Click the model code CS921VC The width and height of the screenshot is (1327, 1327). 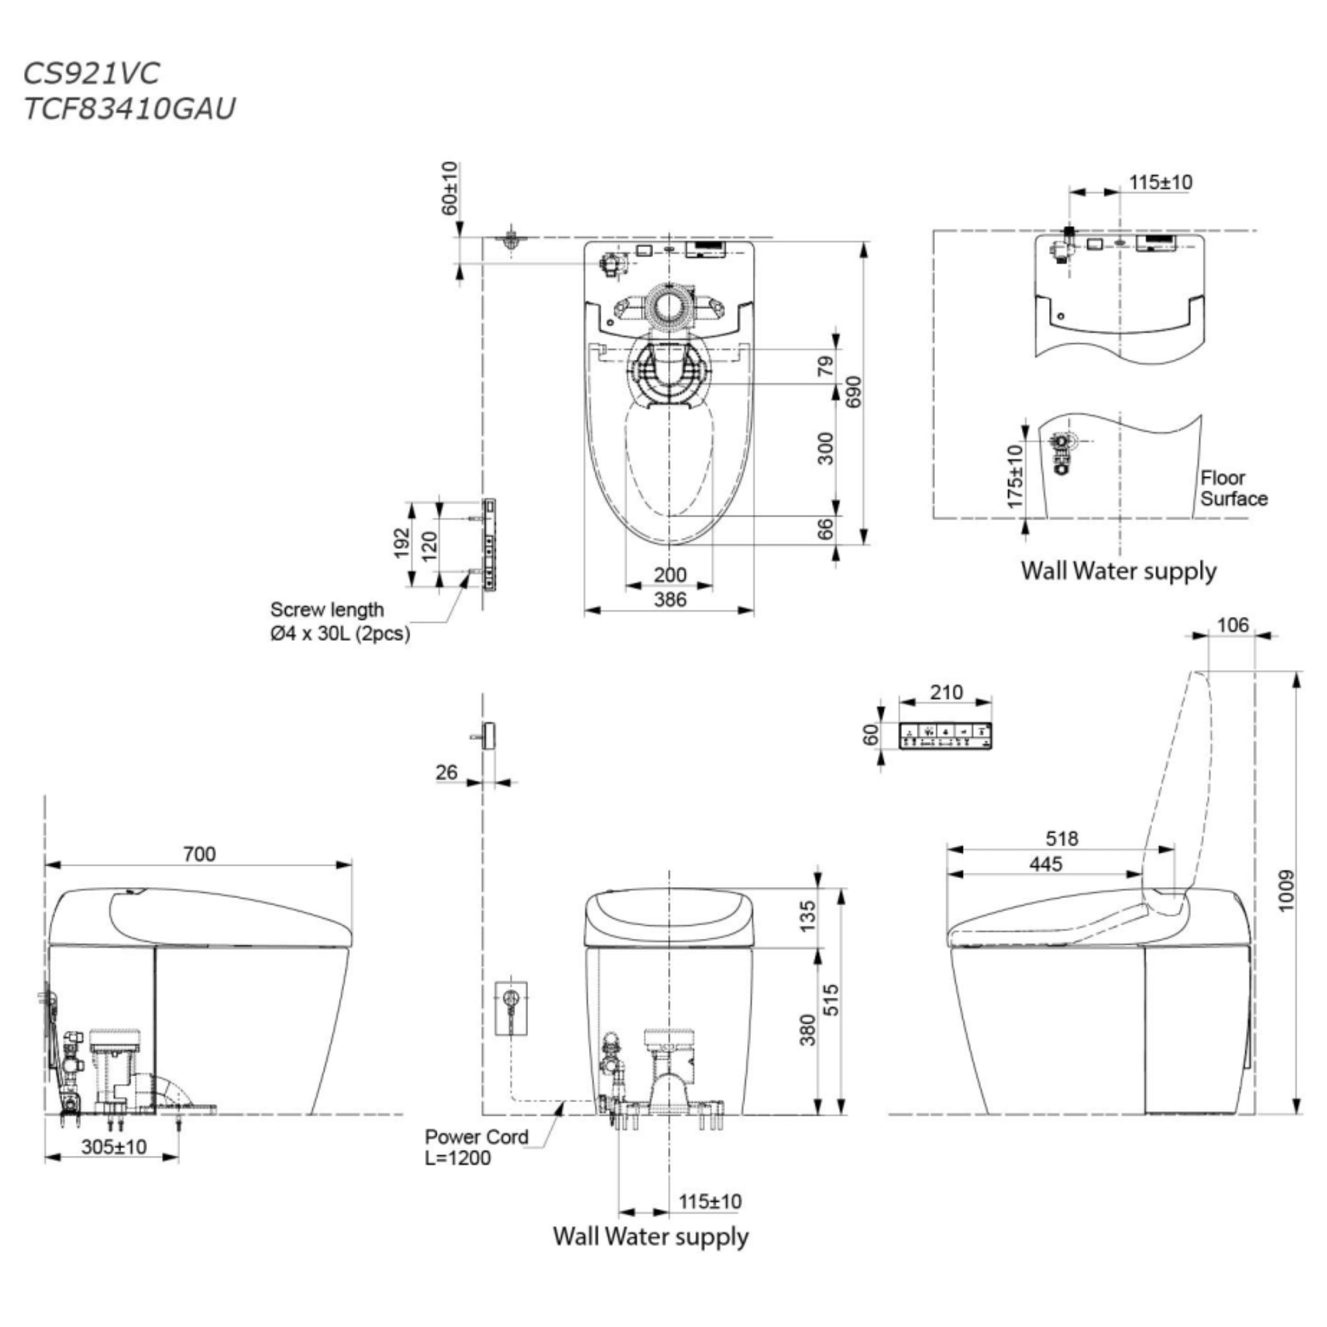[x=91, y=73]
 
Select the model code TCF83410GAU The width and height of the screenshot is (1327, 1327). [x=129, y=108]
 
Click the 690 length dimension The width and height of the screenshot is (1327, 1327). [x=853, y=391]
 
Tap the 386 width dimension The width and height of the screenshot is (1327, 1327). [x=670, y=599]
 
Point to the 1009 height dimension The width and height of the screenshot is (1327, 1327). [x=1286, y=892]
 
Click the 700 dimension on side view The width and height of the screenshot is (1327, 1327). [x=199, y=854]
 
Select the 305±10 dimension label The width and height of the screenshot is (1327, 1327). [x=114, y=1147]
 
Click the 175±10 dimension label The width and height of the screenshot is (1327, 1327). [x=1015, y=477]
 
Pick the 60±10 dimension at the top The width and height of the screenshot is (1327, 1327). [x=449, y=188]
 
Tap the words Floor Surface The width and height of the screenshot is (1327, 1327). [x=1234, y=489]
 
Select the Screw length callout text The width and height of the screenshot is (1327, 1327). [x=340, y=621]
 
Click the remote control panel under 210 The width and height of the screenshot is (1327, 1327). [x=946, y=735]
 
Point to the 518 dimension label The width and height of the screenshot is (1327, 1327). [x=1062, y=838]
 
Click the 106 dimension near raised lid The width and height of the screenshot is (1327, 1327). [x=1232, y=625]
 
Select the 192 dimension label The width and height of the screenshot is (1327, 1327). [x=402, y=542]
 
